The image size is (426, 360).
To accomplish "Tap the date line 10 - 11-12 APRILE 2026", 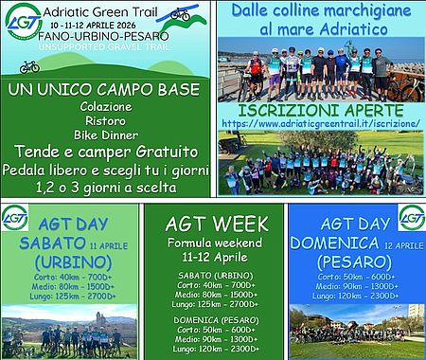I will pyautogui.click(x=98, y=23).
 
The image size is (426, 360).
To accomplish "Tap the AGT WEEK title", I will pyautogui.click(x=213, y=225).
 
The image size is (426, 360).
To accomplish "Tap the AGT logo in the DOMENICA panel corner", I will pyautogui.click(x=411, y=217).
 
